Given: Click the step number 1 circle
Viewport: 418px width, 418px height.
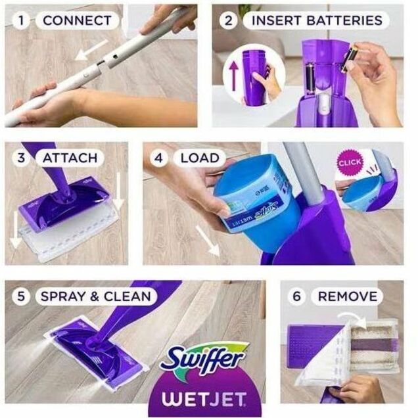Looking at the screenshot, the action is click(21, 20).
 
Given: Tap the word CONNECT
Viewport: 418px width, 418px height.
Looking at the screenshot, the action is click(77, 20).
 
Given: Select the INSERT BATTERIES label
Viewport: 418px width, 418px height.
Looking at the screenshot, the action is click(317, 20).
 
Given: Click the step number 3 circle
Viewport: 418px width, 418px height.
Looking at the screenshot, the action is click(21, 158).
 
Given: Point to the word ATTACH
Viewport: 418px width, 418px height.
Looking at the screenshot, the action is click(70, 158).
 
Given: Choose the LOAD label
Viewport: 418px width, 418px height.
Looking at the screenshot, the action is click(200, 158).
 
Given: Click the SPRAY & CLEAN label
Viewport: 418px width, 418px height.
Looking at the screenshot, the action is click(96, 296).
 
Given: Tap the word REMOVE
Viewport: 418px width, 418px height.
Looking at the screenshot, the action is click(348, 296).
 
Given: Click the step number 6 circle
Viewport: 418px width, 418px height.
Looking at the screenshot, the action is click(296, 296).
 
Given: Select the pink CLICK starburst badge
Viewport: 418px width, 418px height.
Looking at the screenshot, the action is click(350, 162).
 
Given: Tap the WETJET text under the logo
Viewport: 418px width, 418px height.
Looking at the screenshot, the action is click(204, 399).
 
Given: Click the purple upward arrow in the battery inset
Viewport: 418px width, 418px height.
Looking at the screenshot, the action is click(234, 75).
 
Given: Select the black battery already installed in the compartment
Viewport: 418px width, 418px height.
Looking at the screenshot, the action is click(310, 78).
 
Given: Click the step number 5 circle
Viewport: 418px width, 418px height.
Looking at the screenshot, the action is click(21, 296).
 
